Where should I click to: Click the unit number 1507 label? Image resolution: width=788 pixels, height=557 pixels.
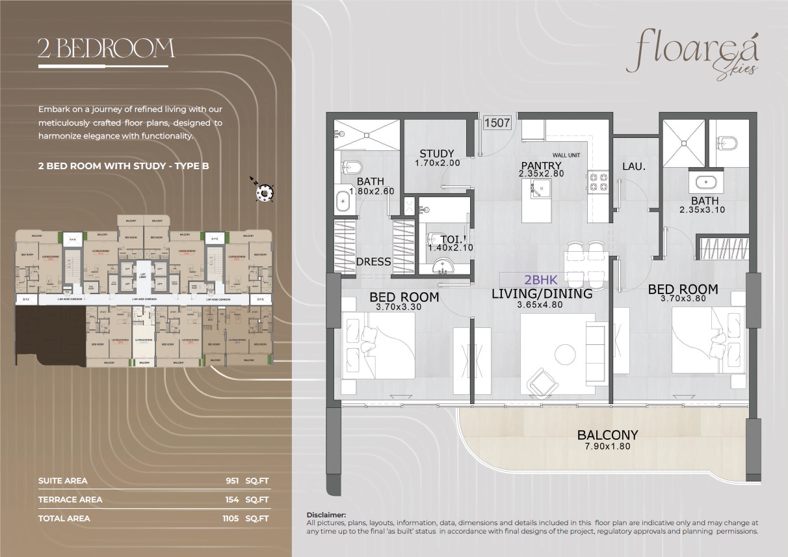[497, 122]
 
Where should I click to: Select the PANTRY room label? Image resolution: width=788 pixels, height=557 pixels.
[540, 165]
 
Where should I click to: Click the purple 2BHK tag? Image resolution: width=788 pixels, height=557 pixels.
[541, 280]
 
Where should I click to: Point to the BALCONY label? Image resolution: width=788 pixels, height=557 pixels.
[608, 435]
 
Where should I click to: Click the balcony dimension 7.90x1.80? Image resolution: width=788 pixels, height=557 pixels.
[608, 446]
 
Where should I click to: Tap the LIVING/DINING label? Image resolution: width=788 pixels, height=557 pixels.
[542, 293]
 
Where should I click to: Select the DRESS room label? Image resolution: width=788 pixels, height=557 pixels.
[374, 262]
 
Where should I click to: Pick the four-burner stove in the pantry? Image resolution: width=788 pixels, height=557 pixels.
[597, 183]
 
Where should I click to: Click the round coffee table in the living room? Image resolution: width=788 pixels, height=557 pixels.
[564, 354]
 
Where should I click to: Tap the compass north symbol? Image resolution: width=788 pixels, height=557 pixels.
[265, 191]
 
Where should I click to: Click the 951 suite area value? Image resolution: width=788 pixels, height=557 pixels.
[231, 481]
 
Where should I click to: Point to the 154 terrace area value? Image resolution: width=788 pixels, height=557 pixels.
[231, 500]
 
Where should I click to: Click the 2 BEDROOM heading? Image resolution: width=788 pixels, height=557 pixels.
[106, 49]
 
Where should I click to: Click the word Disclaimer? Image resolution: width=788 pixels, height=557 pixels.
[326, 515]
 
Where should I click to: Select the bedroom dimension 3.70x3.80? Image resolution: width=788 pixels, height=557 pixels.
[683, 299]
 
